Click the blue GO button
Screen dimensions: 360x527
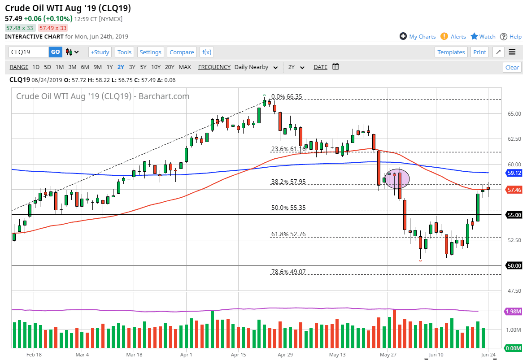tap(55, 52)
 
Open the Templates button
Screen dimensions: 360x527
tap(451, 52)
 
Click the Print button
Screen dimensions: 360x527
tap(479, 52)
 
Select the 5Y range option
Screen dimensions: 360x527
tap(143, 67)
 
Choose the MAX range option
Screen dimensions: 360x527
tap(185, 67)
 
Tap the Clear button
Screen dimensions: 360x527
tap(512, 67)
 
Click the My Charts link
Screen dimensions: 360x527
tap(418, 36)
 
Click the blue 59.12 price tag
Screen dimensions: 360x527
tap(514, 173)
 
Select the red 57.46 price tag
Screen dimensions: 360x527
tap(514, 190)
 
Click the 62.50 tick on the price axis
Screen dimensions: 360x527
tap(514, 139)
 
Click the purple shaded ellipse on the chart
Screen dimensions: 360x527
tap(397, 178)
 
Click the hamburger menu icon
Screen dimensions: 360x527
tap(512, 52)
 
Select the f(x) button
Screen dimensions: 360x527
tap(207, 52)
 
